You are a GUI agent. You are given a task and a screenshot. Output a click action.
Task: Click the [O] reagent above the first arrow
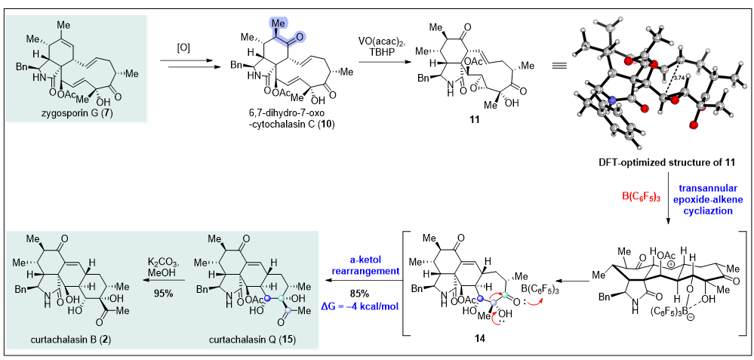183,48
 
